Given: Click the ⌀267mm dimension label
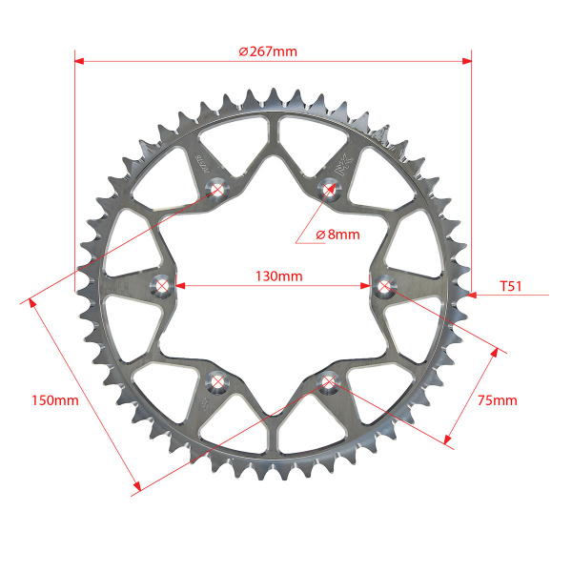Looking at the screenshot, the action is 268,51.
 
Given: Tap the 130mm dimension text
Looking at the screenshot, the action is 279,276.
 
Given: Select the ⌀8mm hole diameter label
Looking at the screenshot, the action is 337,235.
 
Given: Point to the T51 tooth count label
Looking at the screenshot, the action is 511,286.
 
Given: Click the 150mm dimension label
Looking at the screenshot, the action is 55,400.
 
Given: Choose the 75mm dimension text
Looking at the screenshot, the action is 498,400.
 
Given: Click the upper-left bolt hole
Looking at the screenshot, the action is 217,189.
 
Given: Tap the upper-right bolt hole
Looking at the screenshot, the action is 330,189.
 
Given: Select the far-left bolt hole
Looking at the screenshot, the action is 162,286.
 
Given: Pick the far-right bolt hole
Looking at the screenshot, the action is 384,286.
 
